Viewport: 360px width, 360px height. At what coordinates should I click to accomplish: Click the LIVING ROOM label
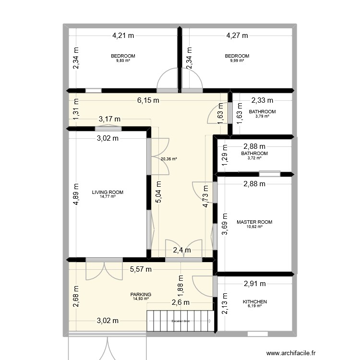[x=108, y=192]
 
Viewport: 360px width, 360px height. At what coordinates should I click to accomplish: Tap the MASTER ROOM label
[x=254, y=222]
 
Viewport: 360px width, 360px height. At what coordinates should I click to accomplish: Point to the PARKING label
[x=141, y=295]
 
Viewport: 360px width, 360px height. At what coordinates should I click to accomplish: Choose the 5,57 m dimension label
[x=141, y=270]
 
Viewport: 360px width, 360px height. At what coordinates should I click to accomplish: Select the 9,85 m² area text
[x=123, y=60]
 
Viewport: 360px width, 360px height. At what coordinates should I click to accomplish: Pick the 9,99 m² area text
[x=237, y=60]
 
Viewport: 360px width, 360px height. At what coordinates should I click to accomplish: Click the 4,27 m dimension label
[x=237, y=35]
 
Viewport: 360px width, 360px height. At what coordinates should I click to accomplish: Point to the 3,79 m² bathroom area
[x=262, y=116]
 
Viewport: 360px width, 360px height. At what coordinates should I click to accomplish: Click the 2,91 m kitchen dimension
[x=254, y=284]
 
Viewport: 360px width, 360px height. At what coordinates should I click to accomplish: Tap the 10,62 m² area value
[x=254, y=227]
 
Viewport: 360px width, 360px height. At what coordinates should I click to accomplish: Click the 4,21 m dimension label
[x=123, y=35]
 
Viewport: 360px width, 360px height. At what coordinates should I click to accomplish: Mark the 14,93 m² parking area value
[x=141, y=299]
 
